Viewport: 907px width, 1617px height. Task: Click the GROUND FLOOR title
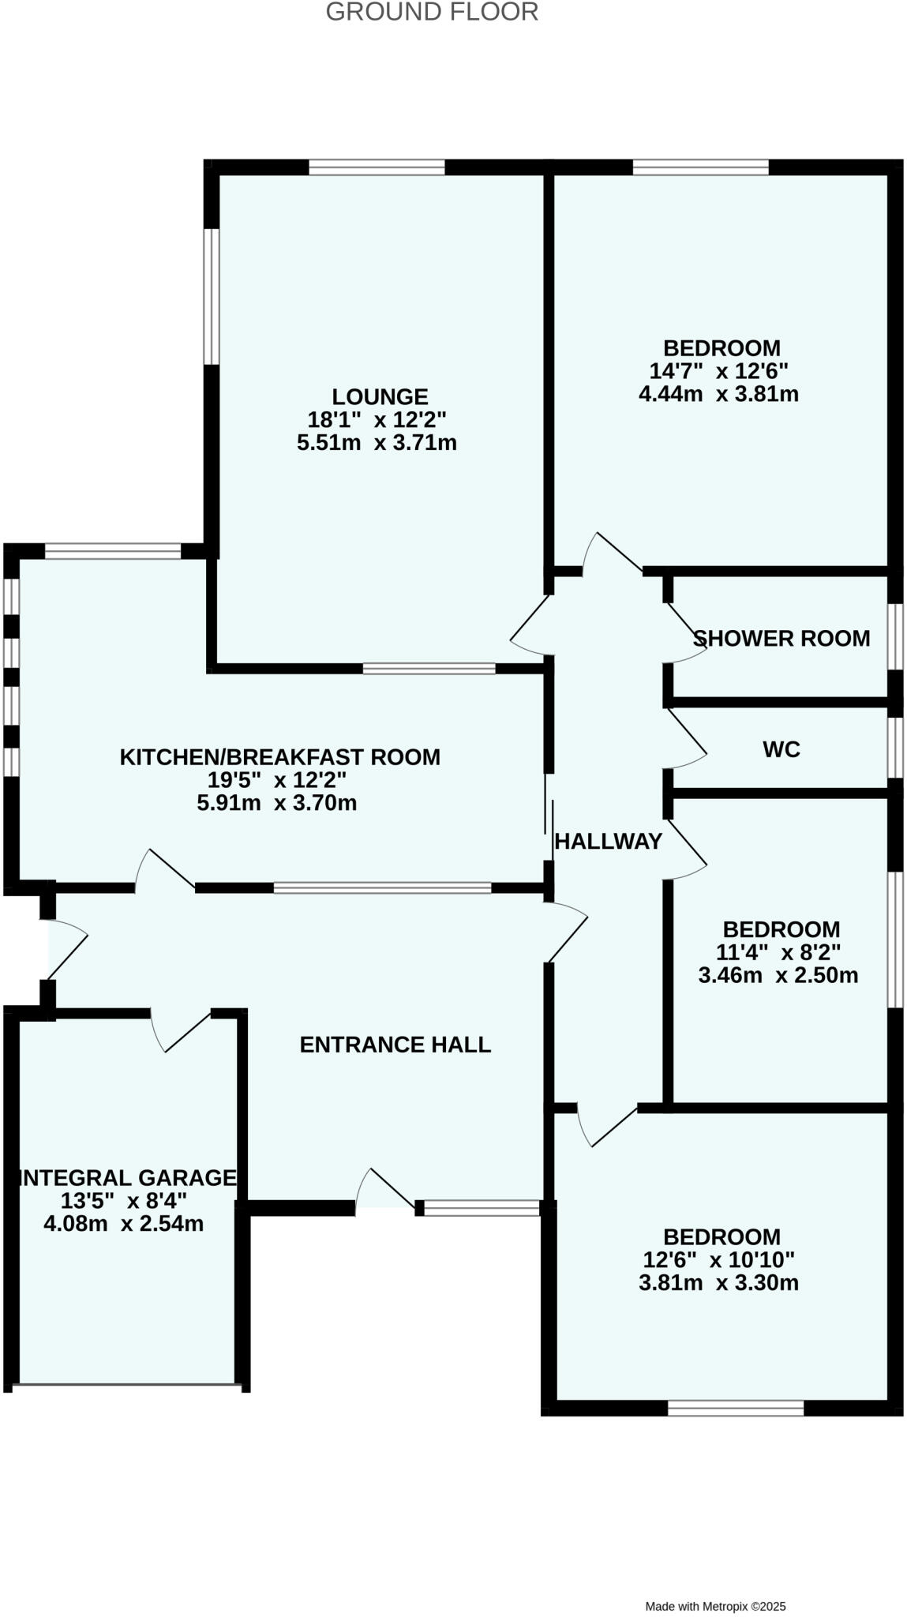[432, 13]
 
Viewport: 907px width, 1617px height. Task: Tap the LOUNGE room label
[380, 396]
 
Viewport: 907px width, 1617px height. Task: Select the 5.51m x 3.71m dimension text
[377, 442]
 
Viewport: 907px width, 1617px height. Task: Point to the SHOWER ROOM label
[781, 638]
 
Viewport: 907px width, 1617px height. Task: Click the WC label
[781, 748]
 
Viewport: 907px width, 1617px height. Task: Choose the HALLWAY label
[608, 842]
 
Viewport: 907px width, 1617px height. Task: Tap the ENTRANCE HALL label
[395, 1045]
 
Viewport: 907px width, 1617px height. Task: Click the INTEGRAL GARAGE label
[128, 1178]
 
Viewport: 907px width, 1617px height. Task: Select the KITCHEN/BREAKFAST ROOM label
[279, 757]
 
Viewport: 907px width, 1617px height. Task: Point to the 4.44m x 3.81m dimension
[718, 393]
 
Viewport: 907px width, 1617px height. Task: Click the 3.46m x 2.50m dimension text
[778, 975]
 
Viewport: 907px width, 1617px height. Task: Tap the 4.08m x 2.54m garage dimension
[122, 1224]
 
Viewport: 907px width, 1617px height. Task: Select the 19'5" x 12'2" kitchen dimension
[276, 780]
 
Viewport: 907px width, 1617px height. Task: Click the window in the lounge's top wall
[377, 167]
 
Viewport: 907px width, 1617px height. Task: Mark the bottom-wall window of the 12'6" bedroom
[735, 1407]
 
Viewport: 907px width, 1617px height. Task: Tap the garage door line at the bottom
[126, 1384]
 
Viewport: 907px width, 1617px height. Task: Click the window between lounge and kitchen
[429, 669]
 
